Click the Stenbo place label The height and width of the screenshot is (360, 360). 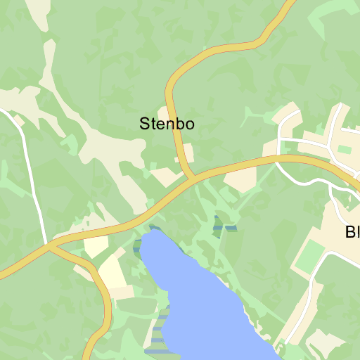[x=167, y=124]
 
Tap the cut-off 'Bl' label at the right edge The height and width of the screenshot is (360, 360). [x=352, y=232]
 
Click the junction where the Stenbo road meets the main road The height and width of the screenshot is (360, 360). [x=192, y=178]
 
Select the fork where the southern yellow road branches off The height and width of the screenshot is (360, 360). [x=51, y=246]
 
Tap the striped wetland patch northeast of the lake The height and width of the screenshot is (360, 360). [x=224, y=224]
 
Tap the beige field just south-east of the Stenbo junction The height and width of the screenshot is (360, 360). [x=240, y=180]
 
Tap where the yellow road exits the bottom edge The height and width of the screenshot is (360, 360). [x=89, y=356]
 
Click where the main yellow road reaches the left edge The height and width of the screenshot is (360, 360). [x=2, y=275]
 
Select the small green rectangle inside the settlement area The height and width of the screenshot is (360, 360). [x=345, y=149]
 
